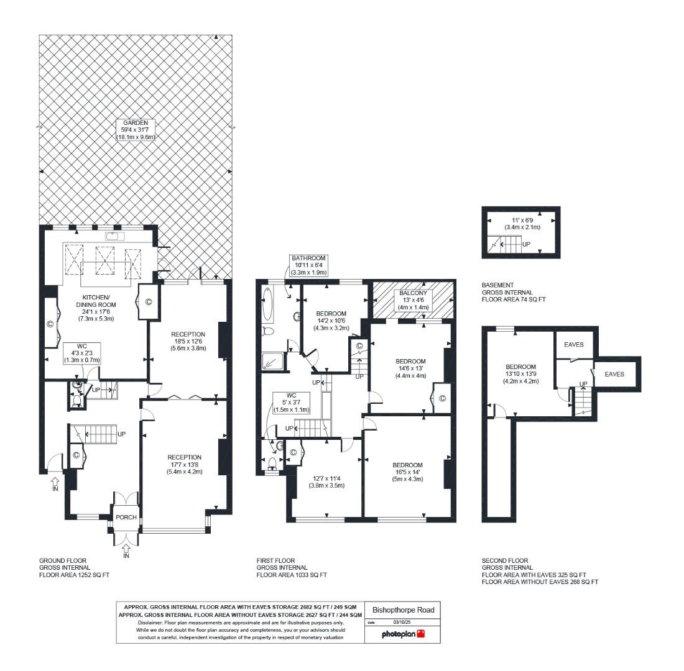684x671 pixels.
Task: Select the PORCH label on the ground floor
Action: (x=126, y=518)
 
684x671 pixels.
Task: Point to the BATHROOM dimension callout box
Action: (x=308, y=265)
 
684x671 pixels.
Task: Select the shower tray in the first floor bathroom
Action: (x=271, y=361)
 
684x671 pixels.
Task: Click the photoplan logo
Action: (x=404, y=634)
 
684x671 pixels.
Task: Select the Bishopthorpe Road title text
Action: (x=403, y=609)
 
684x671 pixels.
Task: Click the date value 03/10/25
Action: (x=403, y=622)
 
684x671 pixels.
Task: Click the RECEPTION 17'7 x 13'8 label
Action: (x=184, y=464)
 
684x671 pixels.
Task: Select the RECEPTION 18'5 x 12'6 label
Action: (x=188, y=341)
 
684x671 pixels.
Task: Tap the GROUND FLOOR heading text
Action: (x=63, y=560)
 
